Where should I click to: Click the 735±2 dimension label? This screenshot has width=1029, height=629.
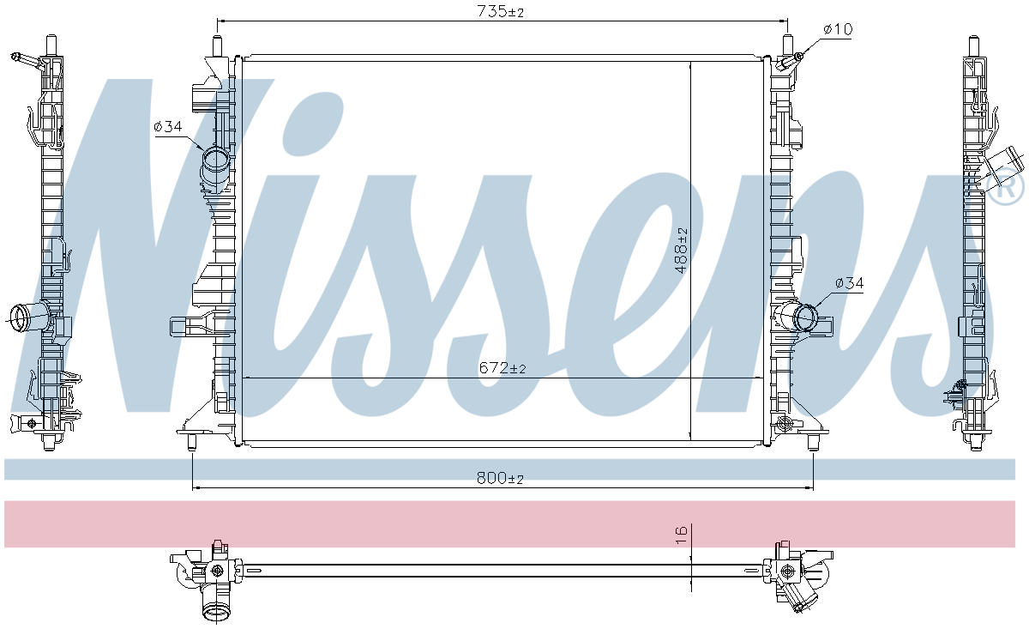[500, 11]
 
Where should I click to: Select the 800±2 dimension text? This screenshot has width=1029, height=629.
[500, 479]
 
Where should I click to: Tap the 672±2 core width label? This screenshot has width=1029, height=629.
[502, 368]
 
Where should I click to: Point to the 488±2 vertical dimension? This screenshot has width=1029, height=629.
[682, 250]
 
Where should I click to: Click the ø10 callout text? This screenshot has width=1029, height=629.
[838, 29]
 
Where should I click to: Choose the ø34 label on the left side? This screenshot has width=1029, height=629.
[168, 126]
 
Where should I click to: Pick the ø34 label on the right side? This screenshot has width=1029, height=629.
[850, 283]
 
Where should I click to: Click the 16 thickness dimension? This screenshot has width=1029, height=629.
[682, 535]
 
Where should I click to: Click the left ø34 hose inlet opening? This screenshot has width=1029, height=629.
[216, 160]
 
